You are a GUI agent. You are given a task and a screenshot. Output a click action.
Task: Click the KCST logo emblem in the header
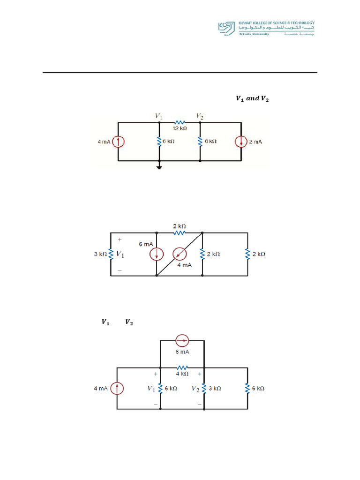227,28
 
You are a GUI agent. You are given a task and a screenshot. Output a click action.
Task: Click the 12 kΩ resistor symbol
180,122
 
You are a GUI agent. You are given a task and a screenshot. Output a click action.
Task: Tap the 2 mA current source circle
241,142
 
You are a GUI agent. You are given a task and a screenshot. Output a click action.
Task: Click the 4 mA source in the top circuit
118,142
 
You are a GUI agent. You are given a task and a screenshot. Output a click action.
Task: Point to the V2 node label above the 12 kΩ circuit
200,115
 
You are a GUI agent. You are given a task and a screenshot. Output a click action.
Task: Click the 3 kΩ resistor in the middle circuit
111,254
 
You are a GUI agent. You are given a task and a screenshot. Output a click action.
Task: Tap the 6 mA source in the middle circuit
157,254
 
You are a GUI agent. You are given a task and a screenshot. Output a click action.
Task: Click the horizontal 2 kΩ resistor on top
180,232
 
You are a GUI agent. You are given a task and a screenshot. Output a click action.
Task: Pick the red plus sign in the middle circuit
120,239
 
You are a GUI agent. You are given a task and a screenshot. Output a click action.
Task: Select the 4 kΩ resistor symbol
182,367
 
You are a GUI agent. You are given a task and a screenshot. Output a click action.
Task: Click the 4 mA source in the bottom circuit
117,388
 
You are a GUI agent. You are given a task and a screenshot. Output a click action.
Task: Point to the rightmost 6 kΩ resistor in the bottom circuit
247,388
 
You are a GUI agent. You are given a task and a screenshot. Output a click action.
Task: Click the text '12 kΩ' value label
180,128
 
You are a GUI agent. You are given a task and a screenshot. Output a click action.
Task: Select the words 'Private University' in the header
254,35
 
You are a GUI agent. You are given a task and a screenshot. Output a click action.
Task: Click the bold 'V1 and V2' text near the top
252,98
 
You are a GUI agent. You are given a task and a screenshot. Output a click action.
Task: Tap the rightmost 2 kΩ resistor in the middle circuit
247,254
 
